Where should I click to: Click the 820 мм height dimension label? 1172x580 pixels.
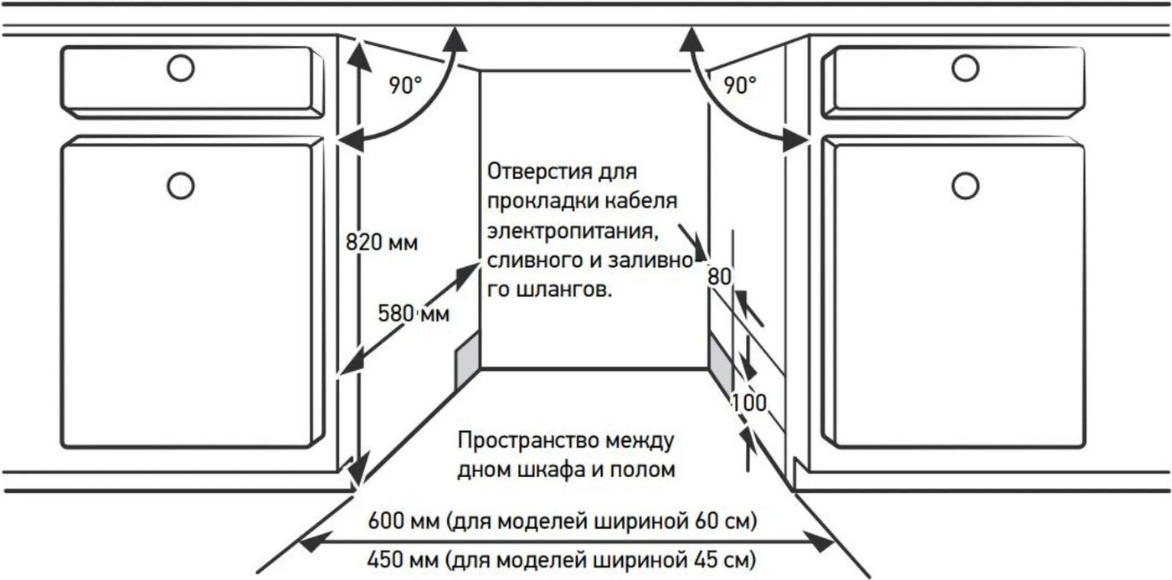click(382, 243)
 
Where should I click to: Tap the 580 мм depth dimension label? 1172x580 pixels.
click(414, 314)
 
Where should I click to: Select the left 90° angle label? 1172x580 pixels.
click(405, 85)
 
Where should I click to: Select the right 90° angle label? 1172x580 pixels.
click(740, 85)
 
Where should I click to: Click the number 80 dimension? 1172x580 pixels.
click(719, 277)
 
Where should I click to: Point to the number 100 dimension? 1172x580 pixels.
click(748, 403)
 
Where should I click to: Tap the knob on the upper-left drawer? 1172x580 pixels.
click(181, 68)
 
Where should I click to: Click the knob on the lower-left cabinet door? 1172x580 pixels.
click(181, 186)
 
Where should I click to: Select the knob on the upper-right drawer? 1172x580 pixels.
click(965, 68)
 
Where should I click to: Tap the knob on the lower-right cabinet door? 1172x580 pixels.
click(965, 186)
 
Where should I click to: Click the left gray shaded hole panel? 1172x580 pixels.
click(467, 361)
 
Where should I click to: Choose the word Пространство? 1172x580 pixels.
click(528, 441)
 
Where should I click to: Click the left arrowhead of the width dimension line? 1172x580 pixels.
click(315, 542)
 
